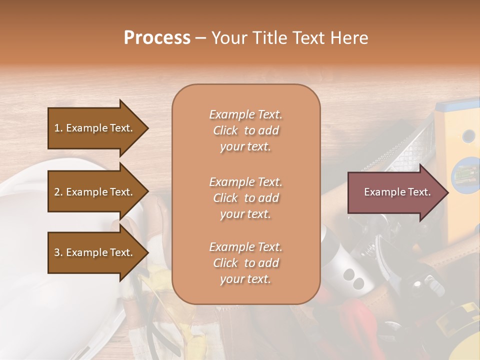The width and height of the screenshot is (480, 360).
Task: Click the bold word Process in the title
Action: [157, 38]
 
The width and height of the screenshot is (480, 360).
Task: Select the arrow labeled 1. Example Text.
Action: [95, 128]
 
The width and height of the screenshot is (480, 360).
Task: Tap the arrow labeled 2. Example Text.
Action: [95, 192]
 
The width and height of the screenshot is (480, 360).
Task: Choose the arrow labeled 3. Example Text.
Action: [95, 252]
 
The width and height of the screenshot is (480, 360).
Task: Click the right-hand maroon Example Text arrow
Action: [395, 192]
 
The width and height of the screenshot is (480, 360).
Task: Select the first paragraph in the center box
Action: [245, 130]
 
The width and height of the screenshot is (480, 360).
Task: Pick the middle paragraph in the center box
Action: [245, 198]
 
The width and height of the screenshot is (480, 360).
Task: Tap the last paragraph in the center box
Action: [245, 263]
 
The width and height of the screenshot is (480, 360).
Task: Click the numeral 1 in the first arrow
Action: [56, 128]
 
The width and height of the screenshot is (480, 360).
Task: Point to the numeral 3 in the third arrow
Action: [56, 252]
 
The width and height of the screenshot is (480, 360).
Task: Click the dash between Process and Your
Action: [200, 38]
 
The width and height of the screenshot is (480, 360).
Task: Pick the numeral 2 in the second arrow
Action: [56, 192]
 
